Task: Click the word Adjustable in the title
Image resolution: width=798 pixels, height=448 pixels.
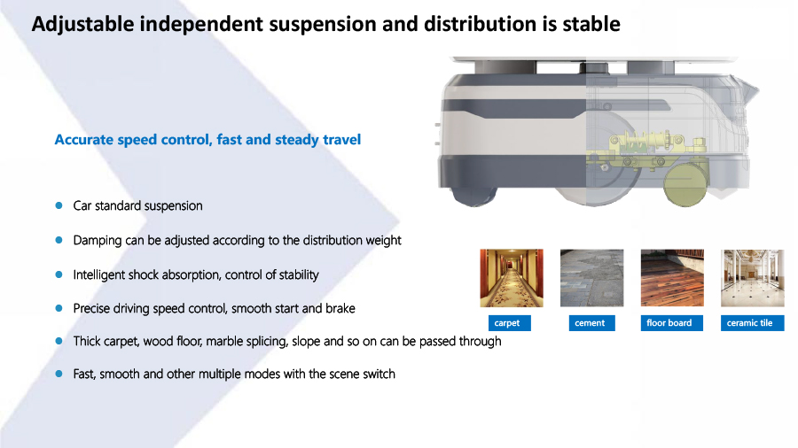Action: pos(83,25)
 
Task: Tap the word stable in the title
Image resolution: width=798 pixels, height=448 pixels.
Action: pos(591,24)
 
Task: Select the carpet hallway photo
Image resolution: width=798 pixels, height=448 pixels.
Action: pos(512,278)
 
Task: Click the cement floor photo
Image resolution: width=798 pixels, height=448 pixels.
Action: pos(592,278)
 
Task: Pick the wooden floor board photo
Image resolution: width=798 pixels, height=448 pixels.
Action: pos(672,278)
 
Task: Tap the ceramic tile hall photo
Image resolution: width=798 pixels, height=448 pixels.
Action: pos(753,278)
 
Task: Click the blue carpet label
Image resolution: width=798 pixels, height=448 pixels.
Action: pos(510,323)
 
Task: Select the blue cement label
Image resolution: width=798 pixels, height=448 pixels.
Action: pos(592,323)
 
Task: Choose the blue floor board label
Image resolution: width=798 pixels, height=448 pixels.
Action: pos(672,323)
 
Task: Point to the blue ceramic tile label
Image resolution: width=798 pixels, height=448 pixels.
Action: pos(752,323)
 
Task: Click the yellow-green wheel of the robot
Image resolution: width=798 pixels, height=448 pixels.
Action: pos(685,185)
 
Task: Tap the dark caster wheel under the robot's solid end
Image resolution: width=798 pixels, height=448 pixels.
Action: pos(474,196)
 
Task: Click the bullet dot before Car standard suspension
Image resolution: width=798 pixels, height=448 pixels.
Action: pos(59,205)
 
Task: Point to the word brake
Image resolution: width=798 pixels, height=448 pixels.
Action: pos(340,308)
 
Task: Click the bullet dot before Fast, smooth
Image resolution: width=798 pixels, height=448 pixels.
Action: pos(59,374)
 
